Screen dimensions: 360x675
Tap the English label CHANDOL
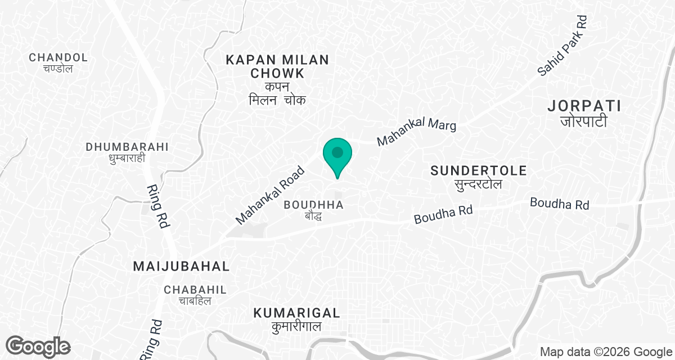58,57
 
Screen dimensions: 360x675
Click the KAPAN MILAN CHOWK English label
277,66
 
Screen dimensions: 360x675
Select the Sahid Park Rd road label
562,46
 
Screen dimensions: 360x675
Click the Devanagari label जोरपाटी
584,121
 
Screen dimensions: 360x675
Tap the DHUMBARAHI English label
127,147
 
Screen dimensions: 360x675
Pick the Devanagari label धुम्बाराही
127,159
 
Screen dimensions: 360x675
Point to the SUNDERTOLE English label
479,170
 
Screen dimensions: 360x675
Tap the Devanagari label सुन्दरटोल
479,184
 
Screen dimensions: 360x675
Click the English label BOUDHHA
313,205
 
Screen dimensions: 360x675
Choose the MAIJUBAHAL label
182,267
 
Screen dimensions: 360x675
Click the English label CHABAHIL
195,290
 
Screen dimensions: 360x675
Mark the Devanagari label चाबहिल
195,301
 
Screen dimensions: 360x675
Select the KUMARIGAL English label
296,313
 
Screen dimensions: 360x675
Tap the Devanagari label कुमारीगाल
296,327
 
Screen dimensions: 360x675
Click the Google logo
38,346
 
